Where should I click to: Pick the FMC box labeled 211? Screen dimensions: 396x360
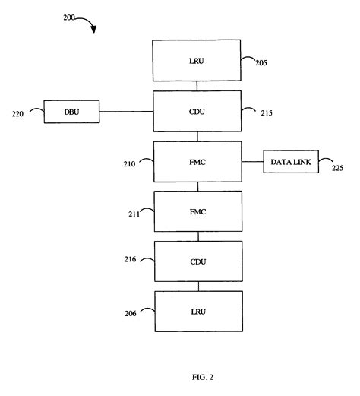click(x=197, y=211)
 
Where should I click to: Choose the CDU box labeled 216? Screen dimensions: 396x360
click(x=197, y=261)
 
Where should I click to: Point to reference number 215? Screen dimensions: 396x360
click(x=262, y=113)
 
